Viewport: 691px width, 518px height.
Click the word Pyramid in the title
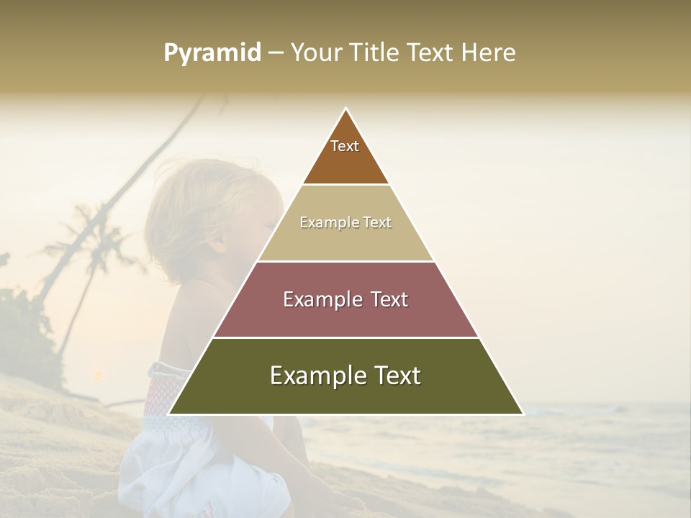pyautogui.click(x=212, y=53)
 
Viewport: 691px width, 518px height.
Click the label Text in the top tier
pyautogui.click(x=345, y=146)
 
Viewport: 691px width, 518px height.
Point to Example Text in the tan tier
pyautogui.click(x=345, y=222)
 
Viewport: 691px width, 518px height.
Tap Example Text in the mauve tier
pyautogui.click(x=345, y=299)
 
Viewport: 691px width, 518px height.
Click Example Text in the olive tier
pyautogui.click(x=345, y=376)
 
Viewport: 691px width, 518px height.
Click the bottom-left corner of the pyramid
pyautogui.click(x=170, y=414)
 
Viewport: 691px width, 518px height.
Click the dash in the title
pyautogui.click(x=276, y=53)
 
